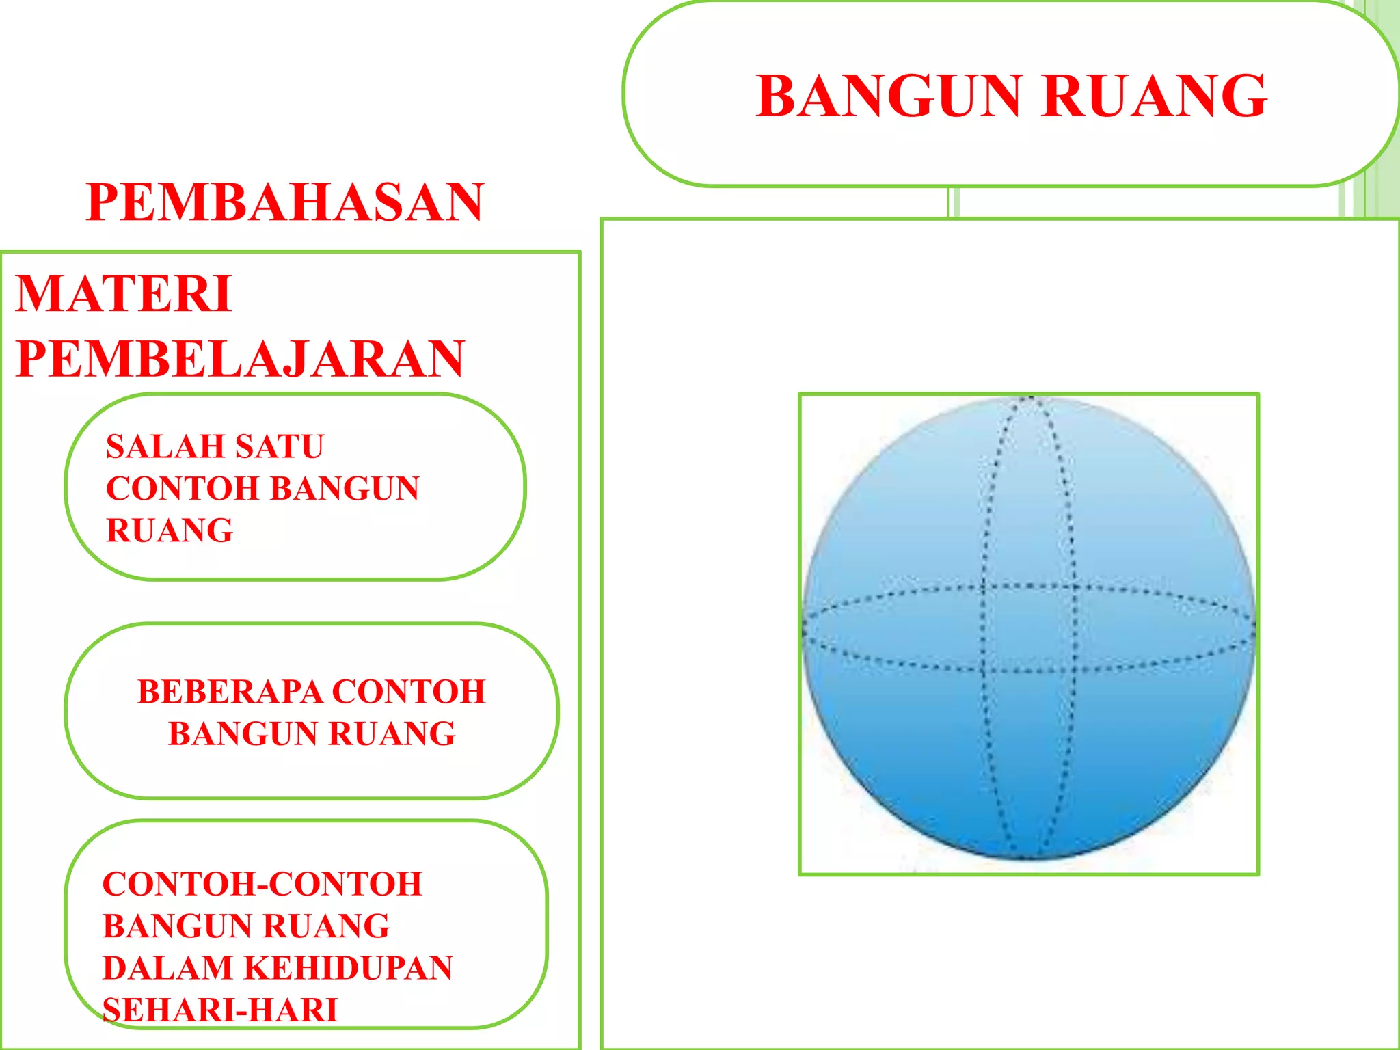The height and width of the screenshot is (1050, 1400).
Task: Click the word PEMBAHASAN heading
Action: [x=285, y=203]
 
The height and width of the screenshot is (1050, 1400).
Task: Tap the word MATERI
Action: [x=124, y=295]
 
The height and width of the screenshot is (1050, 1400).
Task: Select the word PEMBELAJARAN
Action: [x=240, y=359]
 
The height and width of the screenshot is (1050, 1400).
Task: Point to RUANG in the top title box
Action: [x=1155, y=96]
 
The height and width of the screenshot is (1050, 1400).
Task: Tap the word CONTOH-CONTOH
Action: [x=262, y=884]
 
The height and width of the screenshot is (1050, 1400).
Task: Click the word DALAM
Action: [x=168, y=968]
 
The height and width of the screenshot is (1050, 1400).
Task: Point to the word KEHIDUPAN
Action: [x=348, y=968]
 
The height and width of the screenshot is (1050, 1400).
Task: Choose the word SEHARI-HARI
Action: [x=220, y=1010]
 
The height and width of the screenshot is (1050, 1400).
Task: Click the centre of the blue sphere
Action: [x=1029, y=628]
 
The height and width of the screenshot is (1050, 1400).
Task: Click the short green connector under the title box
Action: [x=954, y=202]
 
